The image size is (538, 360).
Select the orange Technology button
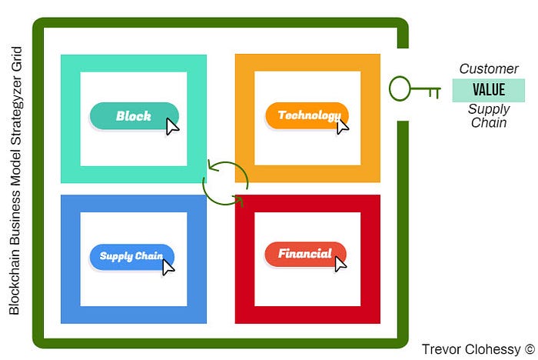click(307, 116)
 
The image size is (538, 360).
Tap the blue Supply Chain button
click(131, 256)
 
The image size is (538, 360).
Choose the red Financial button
click(305, 255)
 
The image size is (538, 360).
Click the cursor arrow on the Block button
click(173, 125)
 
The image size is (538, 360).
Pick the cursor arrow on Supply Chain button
click(168, 266)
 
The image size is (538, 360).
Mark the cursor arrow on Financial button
click(340, 264)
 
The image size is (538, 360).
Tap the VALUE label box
click(488, 90)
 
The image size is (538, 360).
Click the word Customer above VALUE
click(488, 69)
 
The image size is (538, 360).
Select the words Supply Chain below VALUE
click(488, 115)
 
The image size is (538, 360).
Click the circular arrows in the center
click(225, 182)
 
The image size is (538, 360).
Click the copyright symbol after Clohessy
click(529, 348)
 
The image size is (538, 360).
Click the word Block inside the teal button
click(133, 116)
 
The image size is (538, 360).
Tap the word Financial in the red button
click(304, 254)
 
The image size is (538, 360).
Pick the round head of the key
click(400, 89)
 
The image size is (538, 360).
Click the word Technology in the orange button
click(308, 116)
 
